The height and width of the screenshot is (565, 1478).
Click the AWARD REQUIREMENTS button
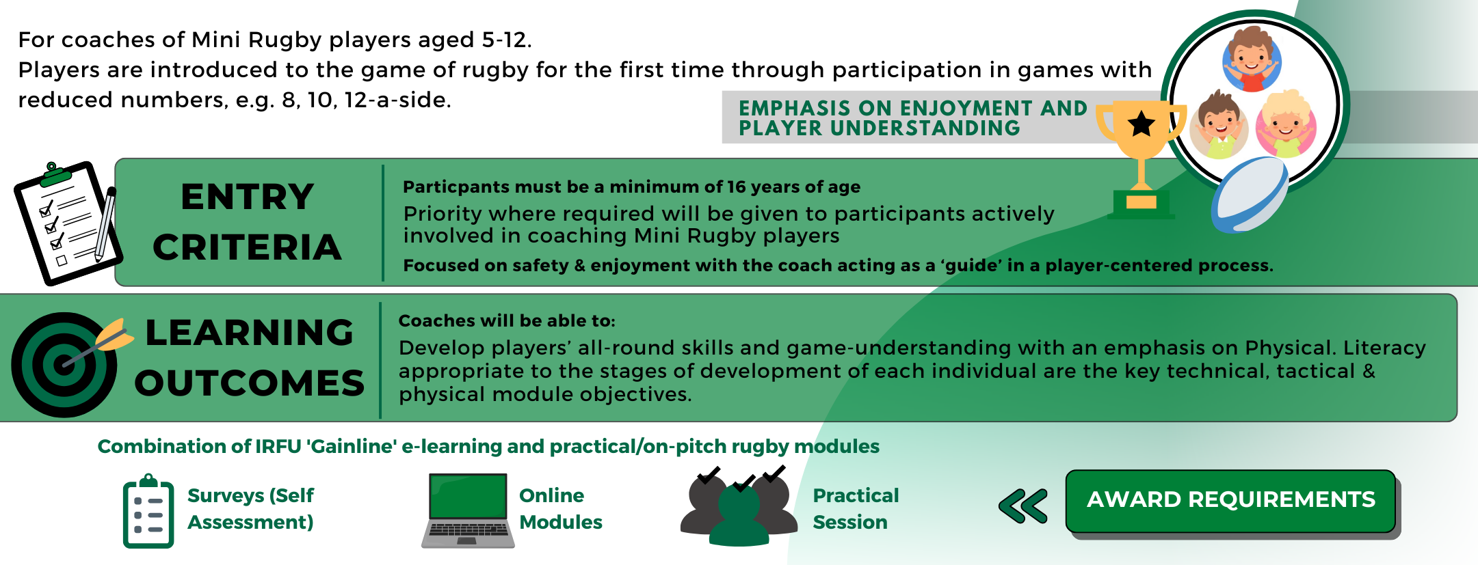point(1230,501)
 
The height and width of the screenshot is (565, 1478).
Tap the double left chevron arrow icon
point(1023,506)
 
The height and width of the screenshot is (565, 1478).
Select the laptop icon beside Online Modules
point(468,510)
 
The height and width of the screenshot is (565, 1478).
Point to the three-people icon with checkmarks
point(739,506)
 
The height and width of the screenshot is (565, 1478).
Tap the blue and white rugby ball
point(1250,195)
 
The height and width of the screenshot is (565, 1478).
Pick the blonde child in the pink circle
point(1286,125)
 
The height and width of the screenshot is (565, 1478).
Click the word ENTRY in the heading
point(248,197)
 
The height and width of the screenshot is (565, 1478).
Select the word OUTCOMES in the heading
point(250,383)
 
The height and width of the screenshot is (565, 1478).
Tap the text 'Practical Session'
point(856,509)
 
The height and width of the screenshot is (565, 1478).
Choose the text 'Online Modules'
point(561,509)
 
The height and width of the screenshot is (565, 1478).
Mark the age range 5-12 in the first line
point(507,40)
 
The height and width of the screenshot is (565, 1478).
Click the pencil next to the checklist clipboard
point(105,224)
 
